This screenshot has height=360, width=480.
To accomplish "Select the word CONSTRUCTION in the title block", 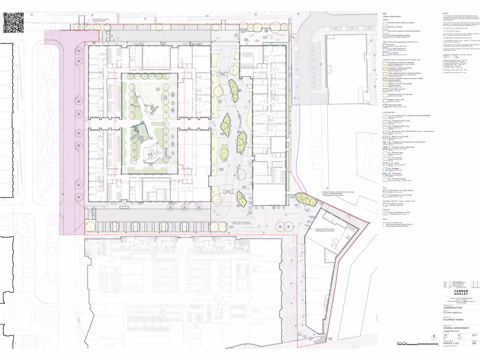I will [453, 308].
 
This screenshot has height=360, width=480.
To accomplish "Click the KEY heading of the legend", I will [384, 14].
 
